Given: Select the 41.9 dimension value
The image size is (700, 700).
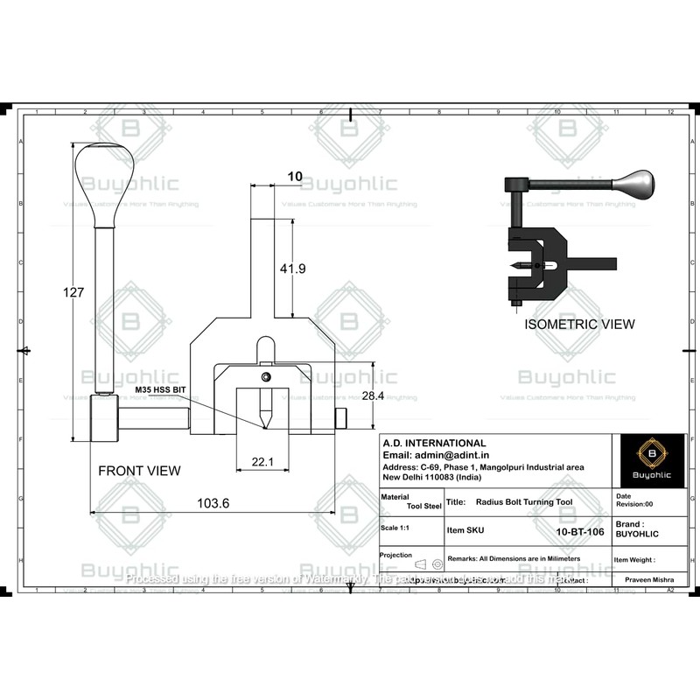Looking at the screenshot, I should click(292, 269).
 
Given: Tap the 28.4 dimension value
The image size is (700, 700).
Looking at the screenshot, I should click(374, 395).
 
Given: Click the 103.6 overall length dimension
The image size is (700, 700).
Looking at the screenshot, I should click(213, 503).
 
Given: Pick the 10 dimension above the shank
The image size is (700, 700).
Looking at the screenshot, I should click(295, 177).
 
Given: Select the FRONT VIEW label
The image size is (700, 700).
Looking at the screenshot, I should click(139, 471).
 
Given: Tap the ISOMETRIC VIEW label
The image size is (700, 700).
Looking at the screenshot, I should click(579, 324).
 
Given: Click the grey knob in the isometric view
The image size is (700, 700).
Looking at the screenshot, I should click(634, 184).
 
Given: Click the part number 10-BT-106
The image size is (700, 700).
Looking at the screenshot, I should click(580, 530).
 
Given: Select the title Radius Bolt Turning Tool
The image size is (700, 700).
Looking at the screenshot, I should click(523, 503).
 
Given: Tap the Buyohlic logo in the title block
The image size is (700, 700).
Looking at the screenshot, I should click(651, 458).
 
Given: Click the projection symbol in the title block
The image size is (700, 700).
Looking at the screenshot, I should click(428, 563).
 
